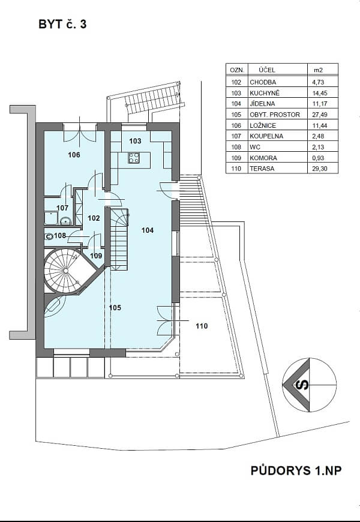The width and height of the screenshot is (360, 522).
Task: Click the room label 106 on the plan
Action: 74,155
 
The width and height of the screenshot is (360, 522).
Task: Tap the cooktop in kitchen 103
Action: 134,157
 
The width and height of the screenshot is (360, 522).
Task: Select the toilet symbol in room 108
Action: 49,236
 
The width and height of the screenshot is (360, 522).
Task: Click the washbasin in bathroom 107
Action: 65,220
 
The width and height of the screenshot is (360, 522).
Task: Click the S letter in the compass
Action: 303,385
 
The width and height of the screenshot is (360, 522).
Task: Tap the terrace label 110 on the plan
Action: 202,326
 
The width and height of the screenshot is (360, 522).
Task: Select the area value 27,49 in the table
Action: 320,115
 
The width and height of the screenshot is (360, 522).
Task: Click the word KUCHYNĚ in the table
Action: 265,93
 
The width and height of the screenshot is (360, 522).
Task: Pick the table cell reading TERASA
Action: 262,169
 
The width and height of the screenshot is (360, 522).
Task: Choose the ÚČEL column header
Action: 267,70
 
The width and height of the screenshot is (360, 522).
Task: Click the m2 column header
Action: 319,70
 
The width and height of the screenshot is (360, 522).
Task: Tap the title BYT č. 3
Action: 62,25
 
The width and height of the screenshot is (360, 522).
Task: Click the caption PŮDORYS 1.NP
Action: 296,471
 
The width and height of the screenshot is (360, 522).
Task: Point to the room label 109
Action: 96,256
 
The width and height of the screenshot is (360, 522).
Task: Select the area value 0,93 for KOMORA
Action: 319,158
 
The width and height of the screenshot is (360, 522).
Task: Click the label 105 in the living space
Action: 115,308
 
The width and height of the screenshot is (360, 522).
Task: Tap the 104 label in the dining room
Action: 148,230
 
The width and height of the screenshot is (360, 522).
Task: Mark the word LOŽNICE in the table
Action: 263,125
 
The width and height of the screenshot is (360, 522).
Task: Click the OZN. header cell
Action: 237,70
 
